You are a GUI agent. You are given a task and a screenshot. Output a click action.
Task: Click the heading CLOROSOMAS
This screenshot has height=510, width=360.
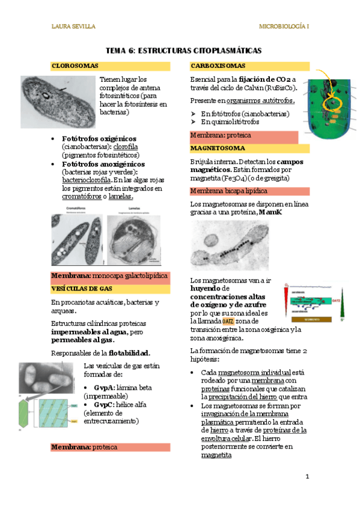(75, 66)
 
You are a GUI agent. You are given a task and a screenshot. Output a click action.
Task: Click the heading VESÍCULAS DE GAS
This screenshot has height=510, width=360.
(82, 289)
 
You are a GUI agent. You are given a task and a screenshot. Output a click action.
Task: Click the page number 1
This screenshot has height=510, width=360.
(307, 477)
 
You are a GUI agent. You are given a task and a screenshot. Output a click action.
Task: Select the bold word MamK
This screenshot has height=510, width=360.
(270, 213)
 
